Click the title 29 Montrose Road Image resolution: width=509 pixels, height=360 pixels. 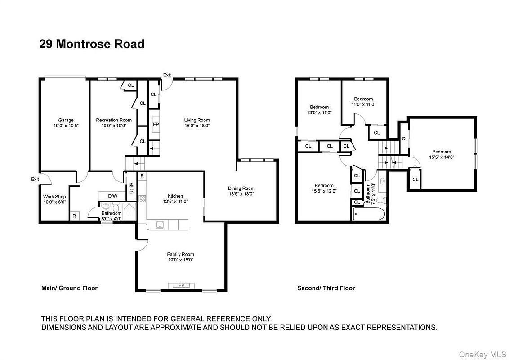click(x=92, y=44)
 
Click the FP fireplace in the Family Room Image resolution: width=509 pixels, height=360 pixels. click(x=182, y=285)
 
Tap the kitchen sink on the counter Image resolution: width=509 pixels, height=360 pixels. click(x=159, y=225)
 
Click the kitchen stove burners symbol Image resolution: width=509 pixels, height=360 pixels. click(x=142, y=199)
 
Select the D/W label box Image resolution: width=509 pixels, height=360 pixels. click(x=112, y=196)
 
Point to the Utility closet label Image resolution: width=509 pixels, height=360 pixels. click(x=131, y=189)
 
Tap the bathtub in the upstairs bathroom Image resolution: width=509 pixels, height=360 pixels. click(x=369, y=215)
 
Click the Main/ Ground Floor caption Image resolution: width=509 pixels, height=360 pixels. click(x=69, y=288)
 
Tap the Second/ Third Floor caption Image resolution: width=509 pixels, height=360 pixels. click(x=326, y=288)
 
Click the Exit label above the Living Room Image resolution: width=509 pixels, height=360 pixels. click(x=167, y=75)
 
